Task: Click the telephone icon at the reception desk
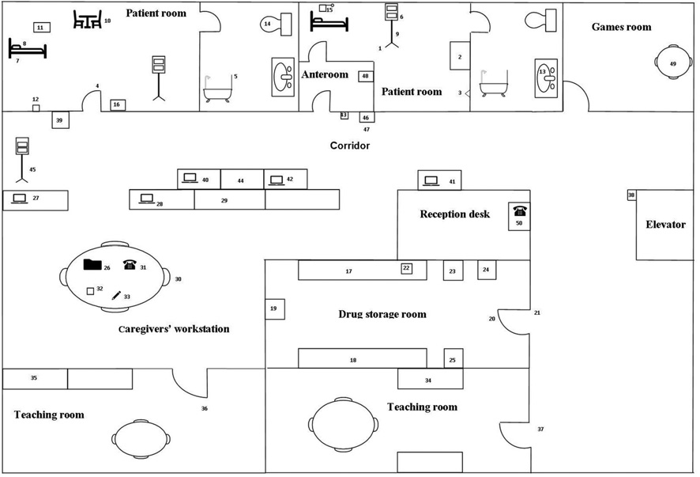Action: [519, 210]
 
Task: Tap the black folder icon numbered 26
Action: [92, 265]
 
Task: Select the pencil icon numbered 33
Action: [116, 295]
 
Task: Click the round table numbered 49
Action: [672, 62]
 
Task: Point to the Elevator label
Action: [665, 225]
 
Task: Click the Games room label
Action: [621, 27]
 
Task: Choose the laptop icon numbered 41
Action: [431, 181]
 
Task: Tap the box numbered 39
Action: [59, 120]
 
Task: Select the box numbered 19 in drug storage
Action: [273, 309]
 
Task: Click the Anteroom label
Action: [325, 75]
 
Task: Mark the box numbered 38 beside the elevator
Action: [631, 195]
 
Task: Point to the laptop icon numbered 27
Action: [18, 198]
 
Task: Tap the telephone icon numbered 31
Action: [130, 266]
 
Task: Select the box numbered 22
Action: [407, 269]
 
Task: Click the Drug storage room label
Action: [382, 314]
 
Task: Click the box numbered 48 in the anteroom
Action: [365, 76]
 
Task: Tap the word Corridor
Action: [349, 146]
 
